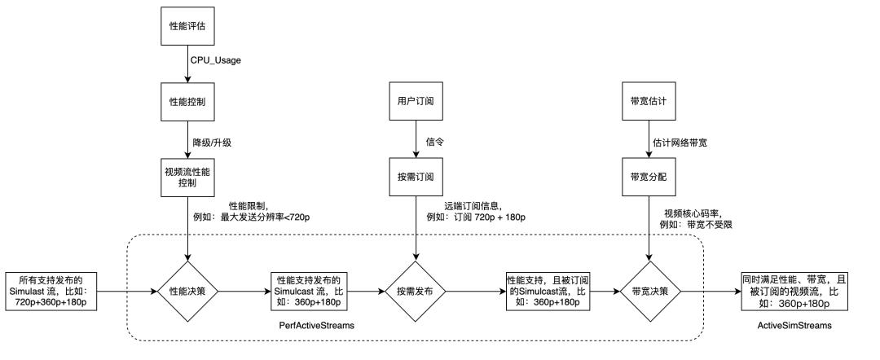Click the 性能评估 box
[187, 26]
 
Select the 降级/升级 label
[211, 142]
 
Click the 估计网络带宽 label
[680, 142]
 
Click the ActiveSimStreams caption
[794, 325]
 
